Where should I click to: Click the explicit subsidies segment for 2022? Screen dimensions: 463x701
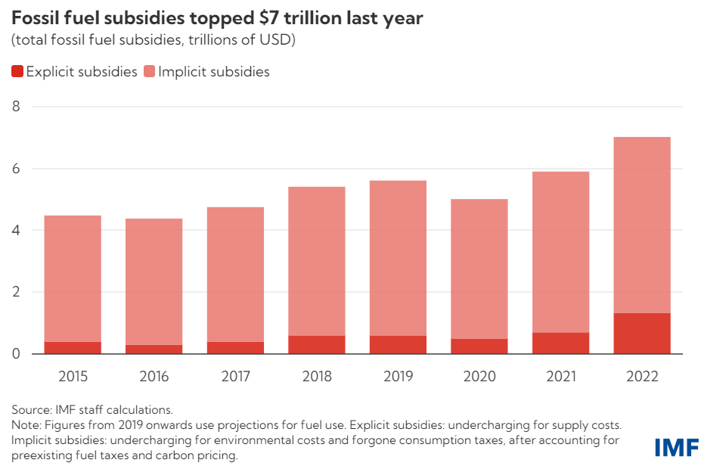click(x=642, y=334)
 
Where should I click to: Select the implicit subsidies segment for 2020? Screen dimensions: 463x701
click(x=479, y=269)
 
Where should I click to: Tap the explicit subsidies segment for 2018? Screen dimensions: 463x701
click(x=317, y=345)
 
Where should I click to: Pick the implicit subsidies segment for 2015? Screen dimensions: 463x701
click(x=73, y=278)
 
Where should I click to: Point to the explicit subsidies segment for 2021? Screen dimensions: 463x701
click(x=560, y=343)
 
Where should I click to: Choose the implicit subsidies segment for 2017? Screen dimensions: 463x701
click(x=235, y=275)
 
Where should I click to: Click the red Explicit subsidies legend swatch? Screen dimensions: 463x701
click(x=17, y=72)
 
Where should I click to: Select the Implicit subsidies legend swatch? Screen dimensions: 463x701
click(x=149, y=72)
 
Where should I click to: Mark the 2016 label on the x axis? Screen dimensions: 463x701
click(x=154, y=376)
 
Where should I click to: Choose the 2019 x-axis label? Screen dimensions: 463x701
click(x=398, y=376)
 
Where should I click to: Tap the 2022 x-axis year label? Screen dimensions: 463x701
click(x=642, y=376)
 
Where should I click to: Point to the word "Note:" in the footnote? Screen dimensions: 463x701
click(x=28, y=426)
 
